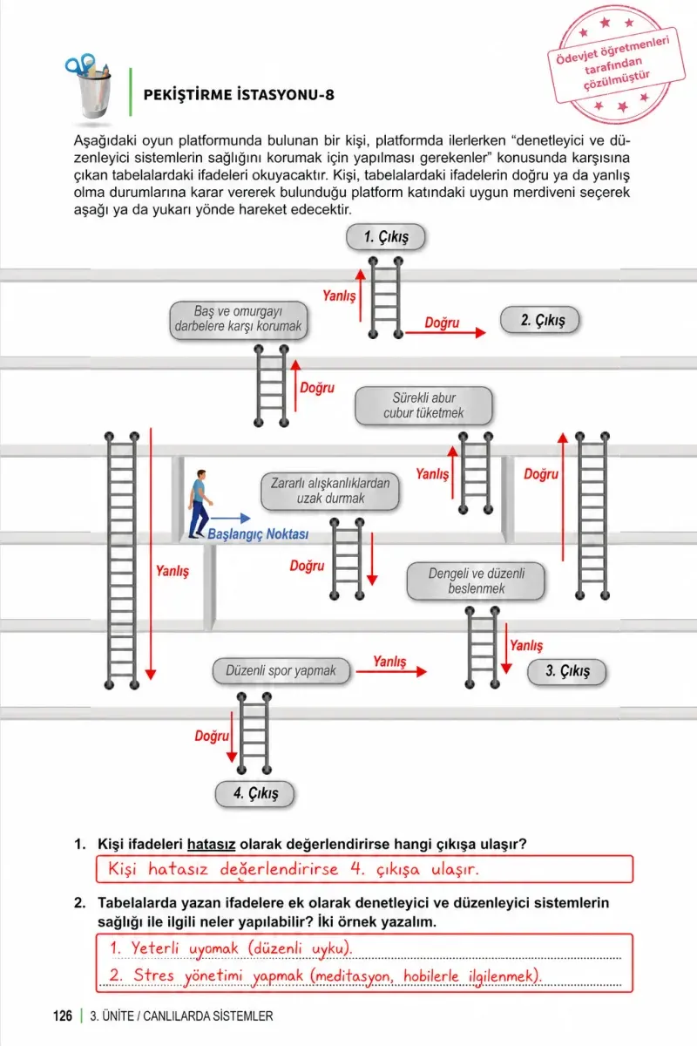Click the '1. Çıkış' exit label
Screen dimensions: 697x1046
(x=386, y=237)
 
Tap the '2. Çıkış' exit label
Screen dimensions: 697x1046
(x=539, y=320)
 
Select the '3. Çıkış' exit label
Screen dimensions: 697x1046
(x=567, y=671)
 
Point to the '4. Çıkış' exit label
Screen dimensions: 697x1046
(x=255, y=793)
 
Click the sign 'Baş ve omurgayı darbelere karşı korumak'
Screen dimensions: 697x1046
(x=239, y=319)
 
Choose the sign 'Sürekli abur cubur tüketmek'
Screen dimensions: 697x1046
(x=423, y=405)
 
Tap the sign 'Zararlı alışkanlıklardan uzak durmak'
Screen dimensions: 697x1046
(x=330, y=491)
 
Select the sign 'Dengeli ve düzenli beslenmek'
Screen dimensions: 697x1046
(x=477, y=581)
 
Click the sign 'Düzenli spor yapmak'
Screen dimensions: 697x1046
(x=281, y=670)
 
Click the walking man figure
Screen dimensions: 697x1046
(x=200, y=504)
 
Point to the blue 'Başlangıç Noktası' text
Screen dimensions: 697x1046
(x=258, y=533)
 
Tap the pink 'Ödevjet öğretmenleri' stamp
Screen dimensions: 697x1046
(x=616, y=65)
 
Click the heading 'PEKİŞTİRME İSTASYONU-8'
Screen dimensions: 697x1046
(x=239, y=95)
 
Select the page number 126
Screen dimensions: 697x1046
(x=63, y=1015)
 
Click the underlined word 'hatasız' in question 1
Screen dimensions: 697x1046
(x=211, y=844)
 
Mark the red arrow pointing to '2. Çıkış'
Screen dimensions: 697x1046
(x=445, y=332)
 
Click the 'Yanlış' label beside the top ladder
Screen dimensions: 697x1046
(x=339, y=295)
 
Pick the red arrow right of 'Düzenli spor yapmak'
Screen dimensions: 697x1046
(x=391, y=671)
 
